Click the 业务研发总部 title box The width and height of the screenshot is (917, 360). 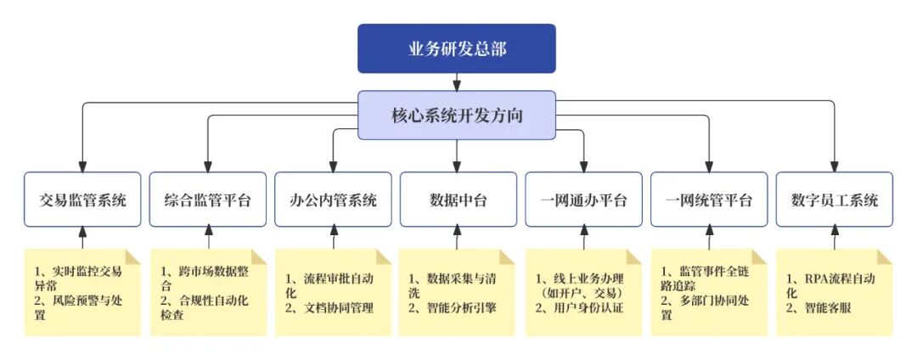tap(456, 48)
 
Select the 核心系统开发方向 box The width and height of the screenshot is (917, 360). tap(456, 115)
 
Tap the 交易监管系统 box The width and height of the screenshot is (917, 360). tap(82, 200)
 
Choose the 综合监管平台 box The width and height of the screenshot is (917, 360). tap(208, 200)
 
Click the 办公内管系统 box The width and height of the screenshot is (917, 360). tap(333, 200)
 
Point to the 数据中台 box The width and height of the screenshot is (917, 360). tap(458, 200)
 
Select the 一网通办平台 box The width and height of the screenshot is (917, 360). tap(583, 200)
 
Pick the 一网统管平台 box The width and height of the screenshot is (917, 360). tap(709, 200)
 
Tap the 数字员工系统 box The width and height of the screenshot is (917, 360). tap(834, 200)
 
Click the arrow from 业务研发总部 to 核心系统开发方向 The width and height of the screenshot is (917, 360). tap(457, 82)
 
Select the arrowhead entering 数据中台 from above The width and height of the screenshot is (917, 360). tap(458, 167)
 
